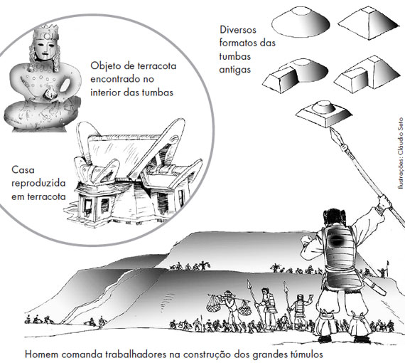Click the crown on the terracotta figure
click(45, 31)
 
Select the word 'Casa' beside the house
click(23, 170)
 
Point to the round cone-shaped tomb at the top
click(301, 22)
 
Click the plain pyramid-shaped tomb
click(369, 23)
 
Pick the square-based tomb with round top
click(324, 113)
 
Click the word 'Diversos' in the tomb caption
click(238, 30)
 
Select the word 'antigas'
click(235, 70)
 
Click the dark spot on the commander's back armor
click(336, 241)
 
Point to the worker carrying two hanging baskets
click(230, 308)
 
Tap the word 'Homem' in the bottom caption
click(41, 354)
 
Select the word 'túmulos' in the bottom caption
click(307, 354)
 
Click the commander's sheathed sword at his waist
click(374, 284)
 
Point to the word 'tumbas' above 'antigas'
click(235, 56)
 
